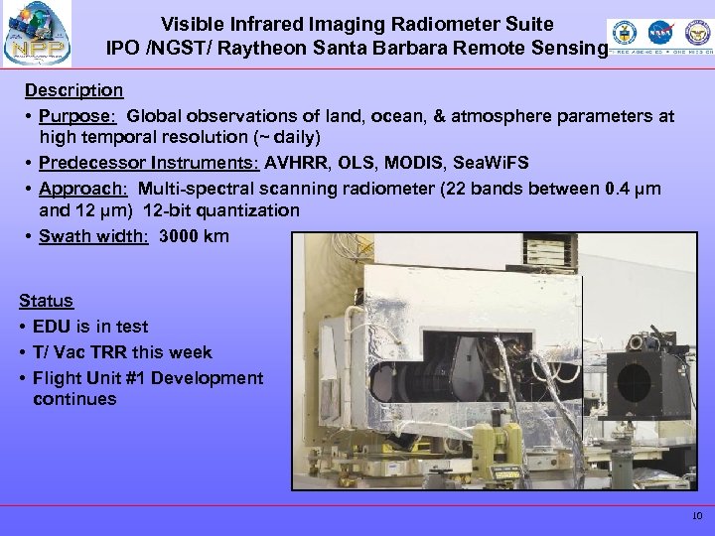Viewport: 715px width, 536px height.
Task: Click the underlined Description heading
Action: point(73,90)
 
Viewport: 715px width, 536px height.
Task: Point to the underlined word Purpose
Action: point(72,116)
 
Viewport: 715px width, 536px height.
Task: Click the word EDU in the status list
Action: point(53,326)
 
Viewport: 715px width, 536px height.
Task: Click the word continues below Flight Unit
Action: point(74,399)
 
